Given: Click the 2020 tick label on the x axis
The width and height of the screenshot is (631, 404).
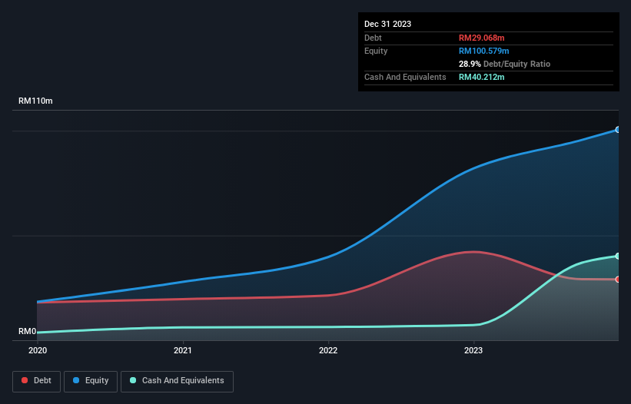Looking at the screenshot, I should [x=37, y=350].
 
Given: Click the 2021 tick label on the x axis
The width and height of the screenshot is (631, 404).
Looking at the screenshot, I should [x=183, y=350].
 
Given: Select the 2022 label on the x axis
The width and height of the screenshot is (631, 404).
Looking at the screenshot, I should [x=328, y=350].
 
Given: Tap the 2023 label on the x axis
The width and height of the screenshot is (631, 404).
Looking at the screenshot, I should [x=473, y=350].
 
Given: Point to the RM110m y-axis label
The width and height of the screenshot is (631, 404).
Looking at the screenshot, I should [x=36, y=101].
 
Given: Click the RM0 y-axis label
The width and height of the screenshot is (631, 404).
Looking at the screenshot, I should [x=28, y=332].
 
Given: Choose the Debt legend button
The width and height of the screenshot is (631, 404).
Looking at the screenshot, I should [x=36, y=380].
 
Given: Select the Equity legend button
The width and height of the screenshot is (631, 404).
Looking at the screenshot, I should [x=91, y=380].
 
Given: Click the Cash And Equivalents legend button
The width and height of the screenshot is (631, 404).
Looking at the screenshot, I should [x=177, y=380].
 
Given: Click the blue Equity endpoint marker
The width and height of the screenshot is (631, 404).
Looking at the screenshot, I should [x=617, y=130].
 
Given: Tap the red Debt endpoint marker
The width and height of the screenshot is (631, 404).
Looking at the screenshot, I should [x=617, y=280].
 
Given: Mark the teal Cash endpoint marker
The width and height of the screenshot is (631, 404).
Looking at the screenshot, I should [x=617, y=256].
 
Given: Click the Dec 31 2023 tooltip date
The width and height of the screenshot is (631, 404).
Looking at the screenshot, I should [x=387, y=24].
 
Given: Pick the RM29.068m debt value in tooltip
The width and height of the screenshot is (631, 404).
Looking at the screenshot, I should [x=482, y=38].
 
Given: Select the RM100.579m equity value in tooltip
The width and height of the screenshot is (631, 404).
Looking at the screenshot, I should [x=484, y=51].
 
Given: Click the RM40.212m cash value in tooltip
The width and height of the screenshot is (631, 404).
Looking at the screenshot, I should [x=482, y=77].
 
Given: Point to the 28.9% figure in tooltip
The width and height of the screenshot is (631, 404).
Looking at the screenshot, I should [x=470, y=64].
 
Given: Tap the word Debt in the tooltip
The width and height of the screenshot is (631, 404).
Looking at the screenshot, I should [x=373, y=38].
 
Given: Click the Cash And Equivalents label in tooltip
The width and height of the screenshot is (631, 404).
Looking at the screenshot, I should [x=405, y=77].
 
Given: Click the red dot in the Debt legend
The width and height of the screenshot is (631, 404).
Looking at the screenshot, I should [x=25, y=380].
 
